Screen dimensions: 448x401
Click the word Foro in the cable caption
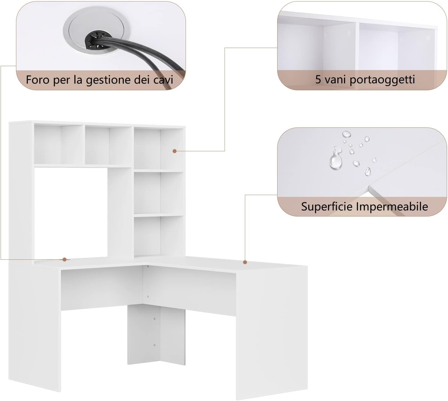tap(37, 79)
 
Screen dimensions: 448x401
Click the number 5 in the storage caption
tap(318, 79)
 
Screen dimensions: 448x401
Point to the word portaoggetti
tap(382, 80)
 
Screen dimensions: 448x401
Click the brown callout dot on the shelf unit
tap(174, 151)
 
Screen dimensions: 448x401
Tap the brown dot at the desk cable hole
tap(65, 259)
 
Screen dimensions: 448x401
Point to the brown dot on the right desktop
tap(245, 262)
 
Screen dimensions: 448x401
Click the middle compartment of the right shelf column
tap(158, 193)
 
